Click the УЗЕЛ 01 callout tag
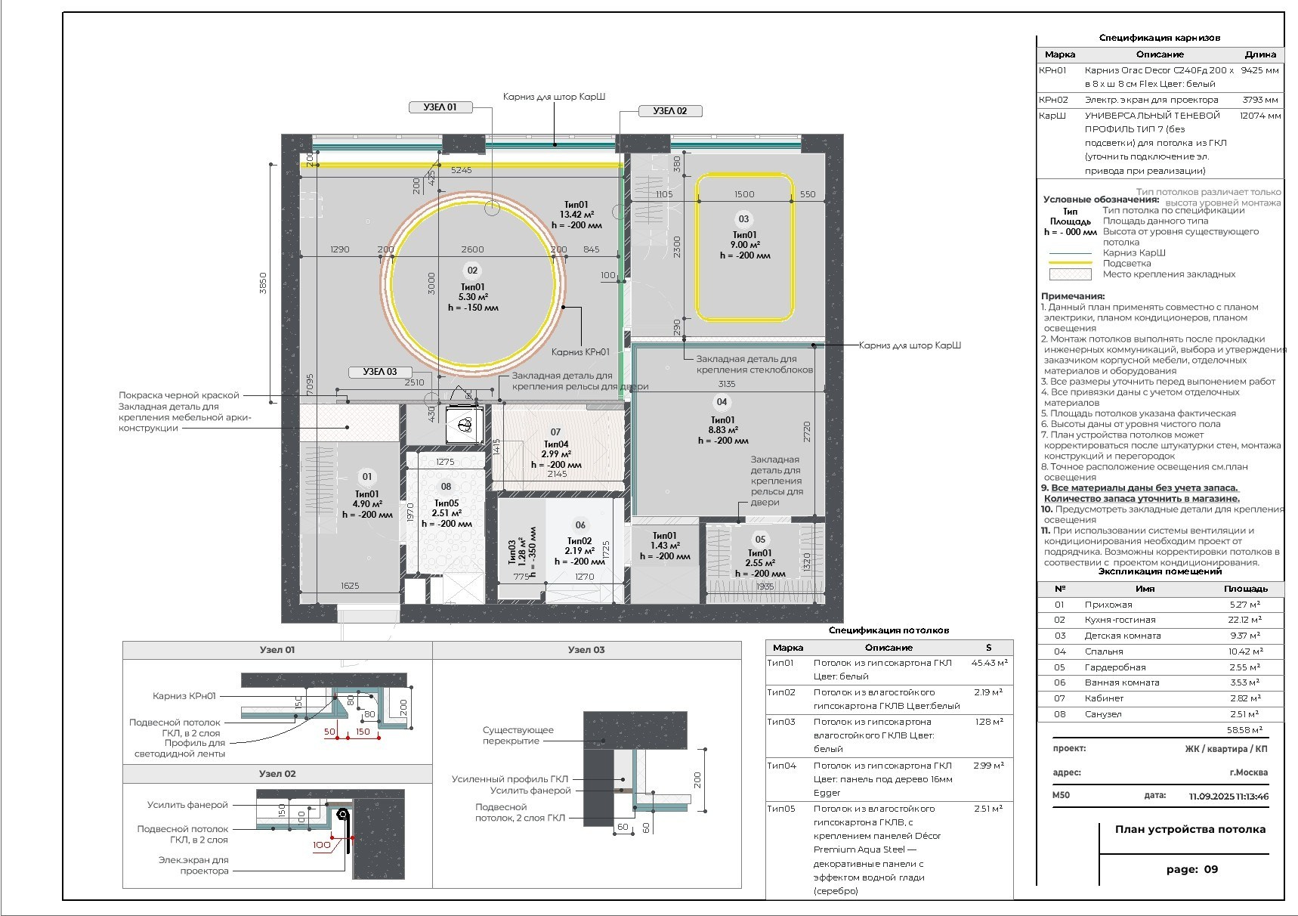pos(440,107)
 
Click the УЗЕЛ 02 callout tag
pos(670,111)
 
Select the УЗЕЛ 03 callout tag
pos(380,372)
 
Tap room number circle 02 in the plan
pos(472,271)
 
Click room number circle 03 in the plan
pos(743,219)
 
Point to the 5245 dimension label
pos(461,170)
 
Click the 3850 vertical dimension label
pos(263,284)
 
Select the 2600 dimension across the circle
pos(472,249)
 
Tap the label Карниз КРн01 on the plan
pos(579,351)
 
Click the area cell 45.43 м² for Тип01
pos(989,663)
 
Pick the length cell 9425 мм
pos(1259,70)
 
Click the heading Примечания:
pos(1073,296)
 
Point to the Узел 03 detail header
pos(586,650)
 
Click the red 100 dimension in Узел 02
pos(322,845)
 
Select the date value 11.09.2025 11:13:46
pos(1228,796)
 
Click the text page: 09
pos(1191,869)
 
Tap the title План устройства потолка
pos(1190,829)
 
